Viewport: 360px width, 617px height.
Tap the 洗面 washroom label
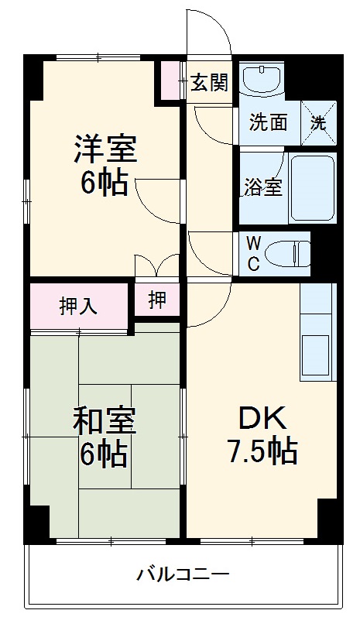tap(268, 122)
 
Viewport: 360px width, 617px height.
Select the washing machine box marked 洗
tap(319, 122)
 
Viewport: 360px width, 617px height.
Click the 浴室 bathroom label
tap(262, 187)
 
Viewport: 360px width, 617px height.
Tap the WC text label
tap(252, 252)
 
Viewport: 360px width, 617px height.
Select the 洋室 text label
tap(105, 149)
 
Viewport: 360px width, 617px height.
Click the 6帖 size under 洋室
tap(104, 183)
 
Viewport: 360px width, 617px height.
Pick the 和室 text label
tap(105, 422)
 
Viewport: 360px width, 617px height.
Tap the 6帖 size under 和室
tap(104, 455)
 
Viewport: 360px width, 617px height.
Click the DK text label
tap(262, 418)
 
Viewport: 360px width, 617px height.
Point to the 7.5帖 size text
tap(262, 451)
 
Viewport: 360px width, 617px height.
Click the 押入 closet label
tap(78, 305)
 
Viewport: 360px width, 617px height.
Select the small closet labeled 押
tap(157, 300)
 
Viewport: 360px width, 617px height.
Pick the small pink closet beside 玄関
tap(169, 81)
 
